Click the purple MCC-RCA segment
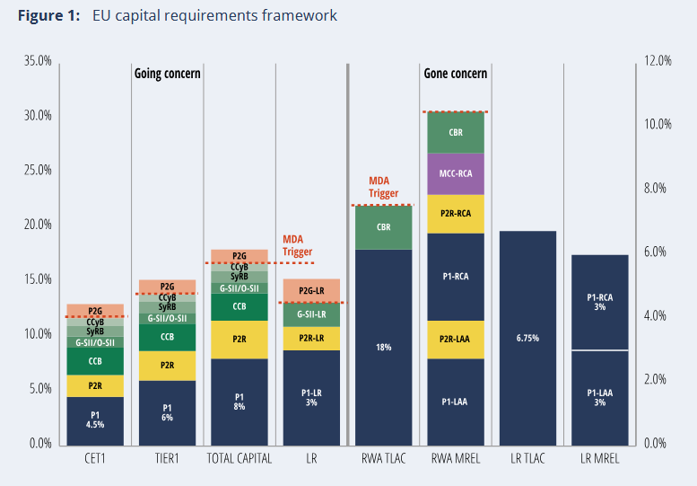(456, 173)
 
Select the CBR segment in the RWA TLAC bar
(383, 227)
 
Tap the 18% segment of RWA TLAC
(383, 347)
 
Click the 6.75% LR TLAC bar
(527, 339)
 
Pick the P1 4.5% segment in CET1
(95, 420)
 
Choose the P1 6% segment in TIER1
(167, 413)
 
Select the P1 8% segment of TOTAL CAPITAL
(239, 402)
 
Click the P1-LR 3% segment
(311, 397)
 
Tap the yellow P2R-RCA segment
(456, 214)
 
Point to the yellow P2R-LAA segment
(456, 339)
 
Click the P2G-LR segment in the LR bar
(311, 291)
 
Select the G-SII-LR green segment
(311, 314)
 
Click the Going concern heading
(167, 74)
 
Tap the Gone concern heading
(455, 74)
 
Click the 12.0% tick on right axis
(658, 61)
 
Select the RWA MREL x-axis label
(456, 459)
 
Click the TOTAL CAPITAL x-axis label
(239, 459)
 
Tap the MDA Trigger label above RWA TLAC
(383, 186)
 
